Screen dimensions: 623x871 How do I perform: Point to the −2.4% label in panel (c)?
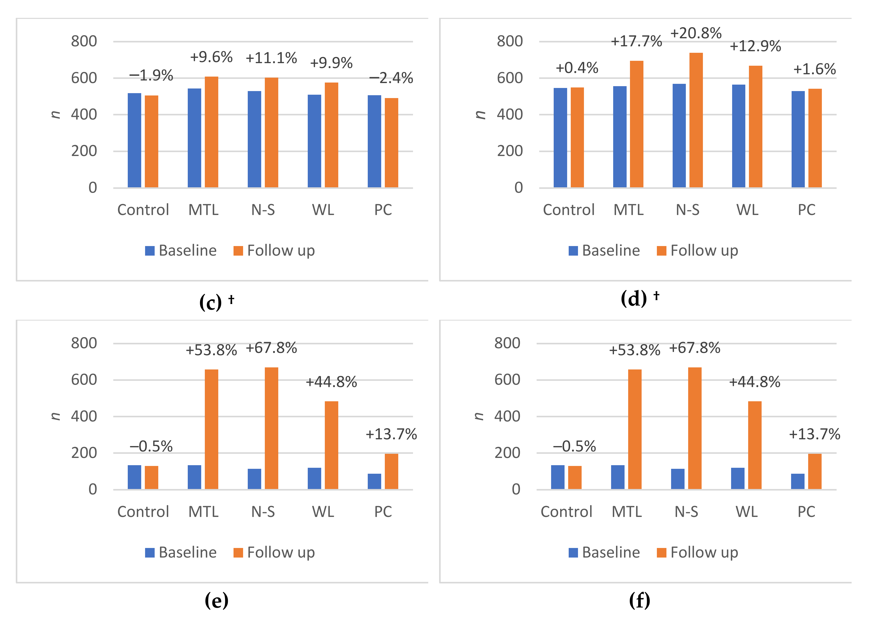coord(391,78)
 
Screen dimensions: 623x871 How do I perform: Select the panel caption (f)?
coord(640,600)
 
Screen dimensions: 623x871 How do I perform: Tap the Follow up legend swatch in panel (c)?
coord(238,251)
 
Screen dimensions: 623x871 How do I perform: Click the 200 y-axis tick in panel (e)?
coord(84,453)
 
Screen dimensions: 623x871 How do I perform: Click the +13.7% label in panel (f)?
coord(814,434)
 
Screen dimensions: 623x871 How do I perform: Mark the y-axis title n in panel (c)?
coord(56,114)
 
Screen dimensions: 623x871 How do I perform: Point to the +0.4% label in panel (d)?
coord(577,68)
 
